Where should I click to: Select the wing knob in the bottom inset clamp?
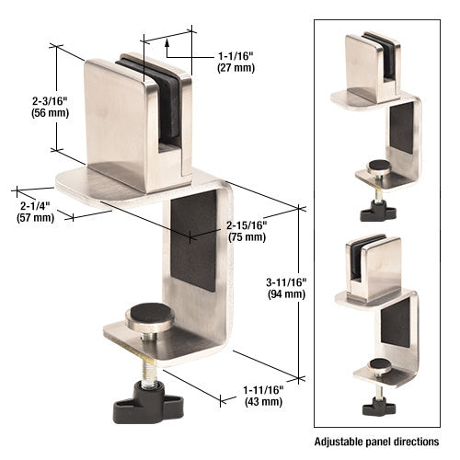point(376,406)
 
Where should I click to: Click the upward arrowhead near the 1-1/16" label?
point(167,40)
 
